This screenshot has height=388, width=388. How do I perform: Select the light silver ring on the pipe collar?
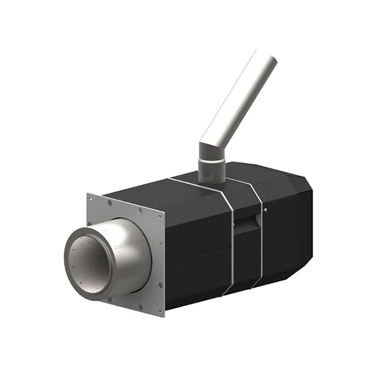(x=212, y=161)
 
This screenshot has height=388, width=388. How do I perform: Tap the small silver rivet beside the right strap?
(x=265, y=210)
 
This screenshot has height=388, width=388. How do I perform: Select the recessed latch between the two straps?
(x=244, y=226)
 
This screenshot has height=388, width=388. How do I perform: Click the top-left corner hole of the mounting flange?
(x=91, y=198)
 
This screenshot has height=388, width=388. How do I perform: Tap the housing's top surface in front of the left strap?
(x=158, y=191)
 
